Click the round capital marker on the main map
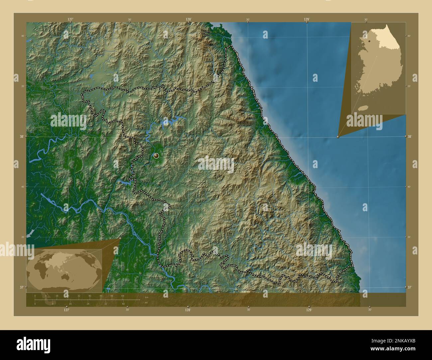click(156, 155)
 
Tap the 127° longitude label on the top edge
click(70, 20)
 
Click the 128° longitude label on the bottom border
click(188, 310)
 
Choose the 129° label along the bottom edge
click(309, 310)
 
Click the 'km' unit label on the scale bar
click(147, 296)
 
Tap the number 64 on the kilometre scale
click(122, 296)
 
